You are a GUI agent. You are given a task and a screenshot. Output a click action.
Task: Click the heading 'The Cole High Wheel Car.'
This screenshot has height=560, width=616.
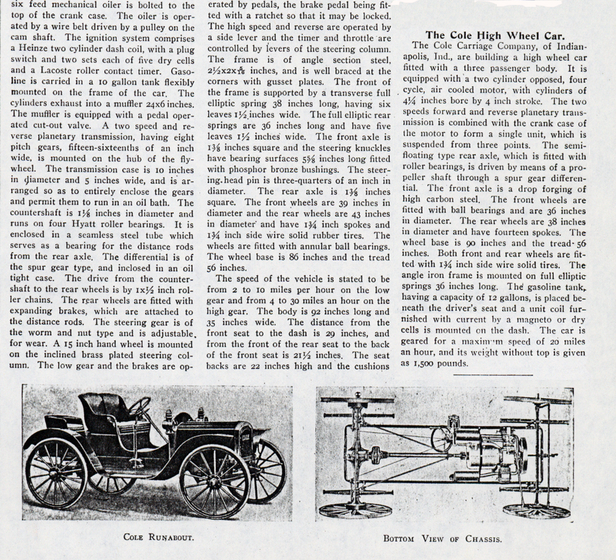495,36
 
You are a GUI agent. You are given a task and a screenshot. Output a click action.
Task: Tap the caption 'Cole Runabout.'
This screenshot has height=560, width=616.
158,537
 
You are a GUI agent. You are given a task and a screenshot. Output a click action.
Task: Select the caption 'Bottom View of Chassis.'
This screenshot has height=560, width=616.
442,539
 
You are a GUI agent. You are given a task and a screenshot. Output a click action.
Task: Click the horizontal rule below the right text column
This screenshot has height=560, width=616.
493,375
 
